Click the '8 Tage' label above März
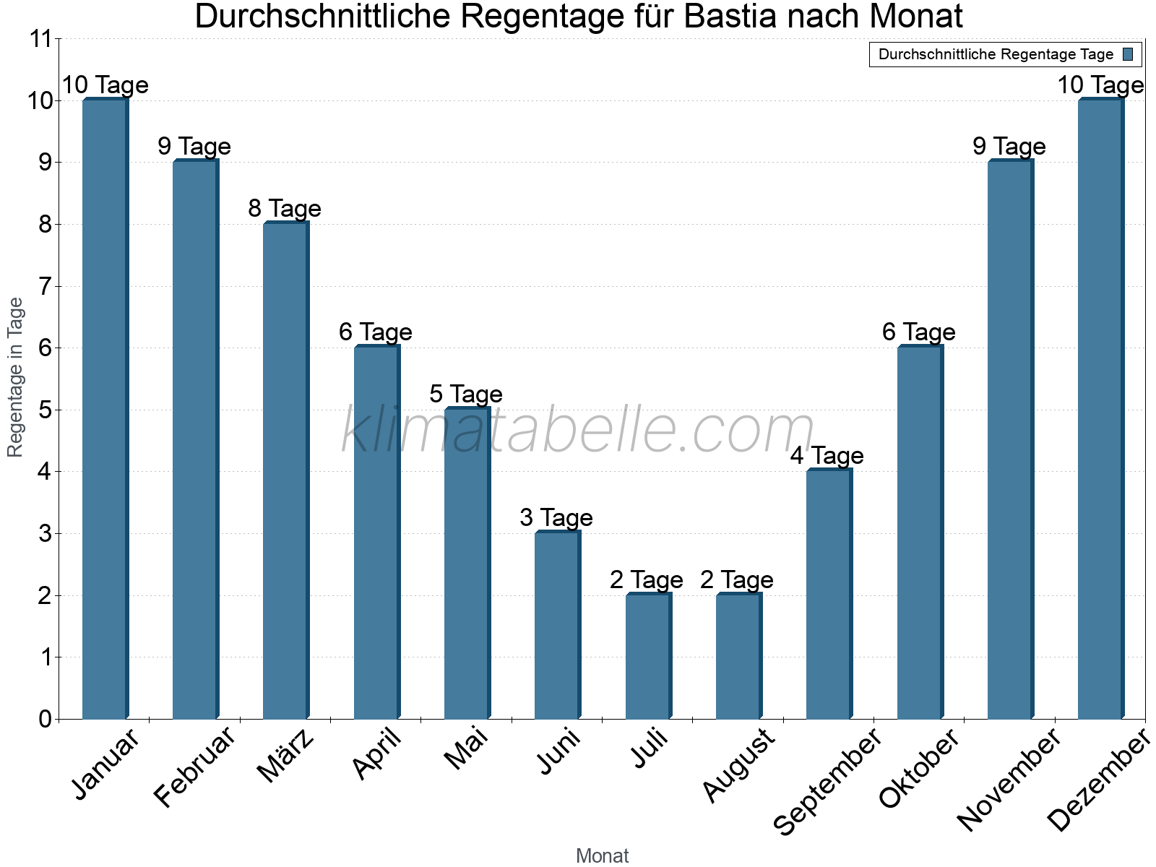[285, 209]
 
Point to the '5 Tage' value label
[466, 394]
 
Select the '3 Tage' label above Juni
[556, 518]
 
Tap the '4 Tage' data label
[827, 456]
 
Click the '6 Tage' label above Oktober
[919, 332]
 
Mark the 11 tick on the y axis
[40, 39]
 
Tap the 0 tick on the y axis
[45, 719]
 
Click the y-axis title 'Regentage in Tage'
[15, 377]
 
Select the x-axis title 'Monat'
[602, 855]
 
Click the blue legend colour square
[1128, 54]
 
